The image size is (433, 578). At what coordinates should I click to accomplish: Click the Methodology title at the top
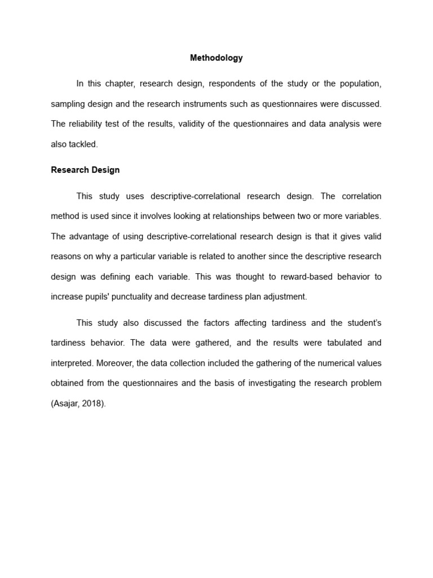pyautogui.click(x=216, y=58)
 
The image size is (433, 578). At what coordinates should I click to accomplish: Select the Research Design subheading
pyautogui.click(x=85, y=170)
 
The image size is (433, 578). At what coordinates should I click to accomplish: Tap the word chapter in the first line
pyautogui.click(x=118, y=84)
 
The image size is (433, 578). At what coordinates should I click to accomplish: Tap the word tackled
pyautogui.click(x=83, y=144)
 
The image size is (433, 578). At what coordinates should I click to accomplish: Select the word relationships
pyautogui.click(x=245, y=216)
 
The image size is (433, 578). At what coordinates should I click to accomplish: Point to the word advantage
pyautogui.click(x=90, y=237)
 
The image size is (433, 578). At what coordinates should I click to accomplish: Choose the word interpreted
pyautogui.click(x=70, y=363)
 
